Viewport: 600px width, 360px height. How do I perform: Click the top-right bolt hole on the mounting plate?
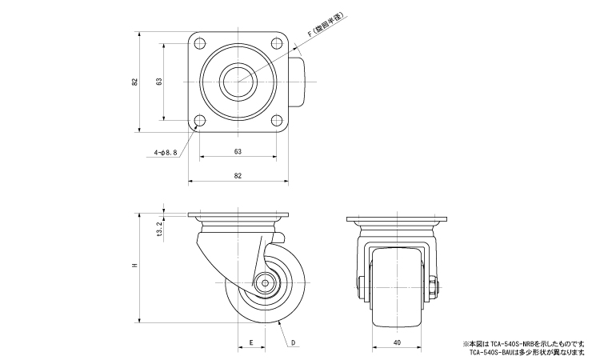click(277, 42)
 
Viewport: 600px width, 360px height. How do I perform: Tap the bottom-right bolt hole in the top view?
click(277, 121)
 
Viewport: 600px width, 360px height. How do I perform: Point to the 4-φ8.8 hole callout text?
click(166, 151)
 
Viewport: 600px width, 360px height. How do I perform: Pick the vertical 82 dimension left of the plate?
click(135, 82)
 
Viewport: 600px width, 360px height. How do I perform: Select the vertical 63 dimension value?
click(159, 82)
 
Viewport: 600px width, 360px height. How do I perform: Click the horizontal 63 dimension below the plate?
click(238, 151)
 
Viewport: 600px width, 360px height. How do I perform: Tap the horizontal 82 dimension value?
click(238, 175)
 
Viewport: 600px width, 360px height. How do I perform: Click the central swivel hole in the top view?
click(238, 82)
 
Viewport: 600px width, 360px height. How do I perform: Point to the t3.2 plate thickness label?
click(159, 230)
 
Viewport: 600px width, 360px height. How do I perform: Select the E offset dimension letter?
click(252, 342)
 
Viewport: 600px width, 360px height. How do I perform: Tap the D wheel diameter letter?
click(294, 342)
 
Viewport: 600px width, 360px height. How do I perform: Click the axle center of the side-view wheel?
click(266, 282)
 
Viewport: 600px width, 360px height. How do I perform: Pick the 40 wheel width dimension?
click(398, 342)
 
